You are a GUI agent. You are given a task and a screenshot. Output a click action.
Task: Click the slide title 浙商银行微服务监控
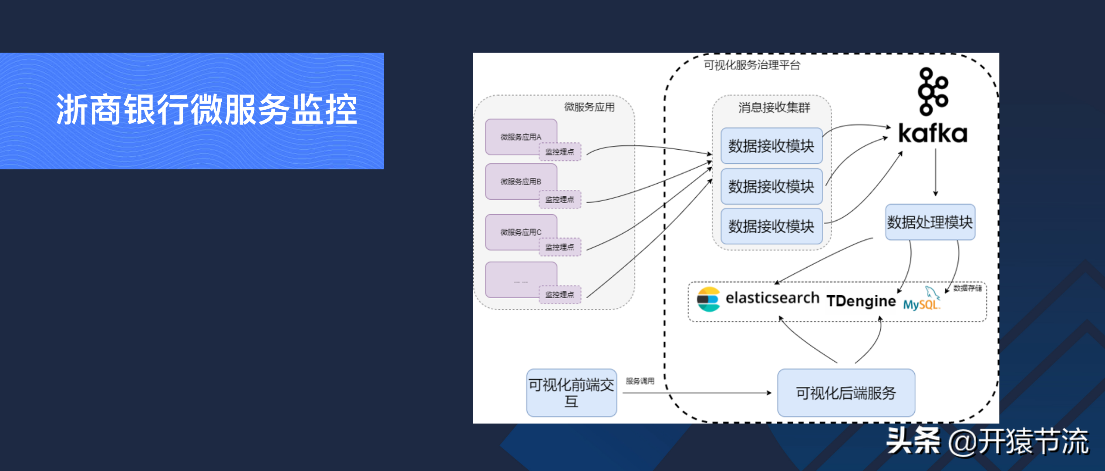point(206,110)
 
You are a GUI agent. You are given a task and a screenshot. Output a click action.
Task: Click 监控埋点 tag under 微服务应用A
point(560,152)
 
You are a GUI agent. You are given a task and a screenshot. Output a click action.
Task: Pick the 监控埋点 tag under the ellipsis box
point(560,295)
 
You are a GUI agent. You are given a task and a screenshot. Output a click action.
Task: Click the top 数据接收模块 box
point(771,146)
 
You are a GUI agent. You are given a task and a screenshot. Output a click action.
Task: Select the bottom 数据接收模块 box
point(771,226)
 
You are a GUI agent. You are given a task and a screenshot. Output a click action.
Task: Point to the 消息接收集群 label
point(774,108)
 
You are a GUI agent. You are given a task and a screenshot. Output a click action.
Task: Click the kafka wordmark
point(933,134)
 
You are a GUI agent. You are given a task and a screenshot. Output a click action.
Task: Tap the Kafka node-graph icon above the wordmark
point(933,91)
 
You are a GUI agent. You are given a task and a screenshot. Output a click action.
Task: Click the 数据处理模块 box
point(930,222)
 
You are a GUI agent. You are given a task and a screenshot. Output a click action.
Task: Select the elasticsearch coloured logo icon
point(708,299)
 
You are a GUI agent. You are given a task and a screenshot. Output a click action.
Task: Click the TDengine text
point(861,301)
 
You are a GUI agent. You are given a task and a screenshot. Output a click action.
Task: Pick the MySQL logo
point(922,300)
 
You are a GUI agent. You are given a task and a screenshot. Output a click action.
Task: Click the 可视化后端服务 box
point(846,393)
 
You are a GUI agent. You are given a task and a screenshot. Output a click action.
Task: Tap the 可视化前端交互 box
point(571,393)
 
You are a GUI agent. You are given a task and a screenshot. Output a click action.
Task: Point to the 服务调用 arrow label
point(640,381)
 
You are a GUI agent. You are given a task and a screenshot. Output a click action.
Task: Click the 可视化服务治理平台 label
point(752,65)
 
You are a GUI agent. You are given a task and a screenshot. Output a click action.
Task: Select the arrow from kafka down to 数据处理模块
point(936,172)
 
